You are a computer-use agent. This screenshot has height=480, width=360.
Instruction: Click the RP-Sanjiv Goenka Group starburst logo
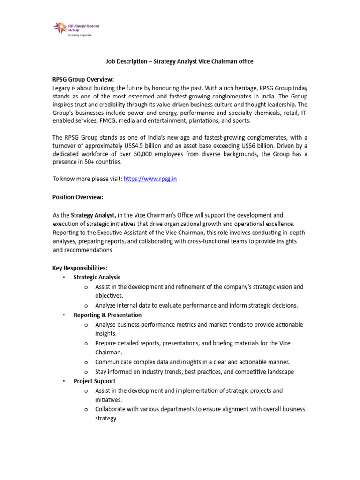point(60,28)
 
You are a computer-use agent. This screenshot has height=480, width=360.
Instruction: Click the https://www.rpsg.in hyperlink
point(150,179)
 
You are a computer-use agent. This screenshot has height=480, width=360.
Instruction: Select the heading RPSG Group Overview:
point(83,79)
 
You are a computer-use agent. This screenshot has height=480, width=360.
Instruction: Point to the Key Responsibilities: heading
point(80,268)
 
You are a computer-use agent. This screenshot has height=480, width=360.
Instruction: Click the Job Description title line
point(180,61)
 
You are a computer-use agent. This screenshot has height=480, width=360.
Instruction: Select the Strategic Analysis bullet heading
point(97,277)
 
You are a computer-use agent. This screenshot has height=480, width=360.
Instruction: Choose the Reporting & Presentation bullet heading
point(107,315)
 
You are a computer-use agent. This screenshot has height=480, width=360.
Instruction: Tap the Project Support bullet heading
point(94,381)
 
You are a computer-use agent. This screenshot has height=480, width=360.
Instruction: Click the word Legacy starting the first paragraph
point(62,88)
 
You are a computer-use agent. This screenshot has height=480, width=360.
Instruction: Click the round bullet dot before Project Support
point(64,381)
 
